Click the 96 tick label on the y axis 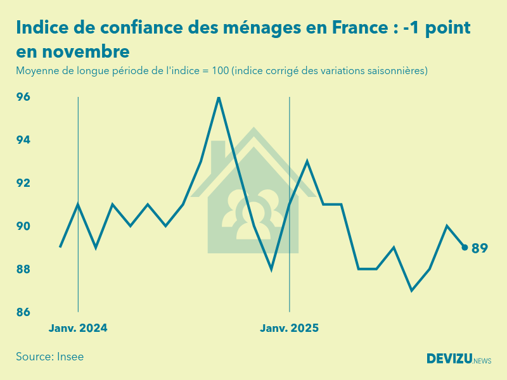[x=23, y=97]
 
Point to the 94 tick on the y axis [x=23, y=140]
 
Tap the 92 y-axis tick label [x=23, y=183]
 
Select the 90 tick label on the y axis [x=23, y=226]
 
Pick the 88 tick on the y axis [x=23, y=269]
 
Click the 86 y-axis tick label [x=23, y=312]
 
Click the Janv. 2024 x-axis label [x=78, y=328]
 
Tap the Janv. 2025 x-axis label [x=290, y=328]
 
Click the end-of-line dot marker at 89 [x=465, y=248]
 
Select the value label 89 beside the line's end [x=480, y=248]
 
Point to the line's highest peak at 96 [x=219, y=98]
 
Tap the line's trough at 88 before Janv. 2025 [x=271, y=269]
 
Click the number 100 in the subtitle [x=220, y=70]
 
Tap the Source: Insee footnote [x=50, y=357]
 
